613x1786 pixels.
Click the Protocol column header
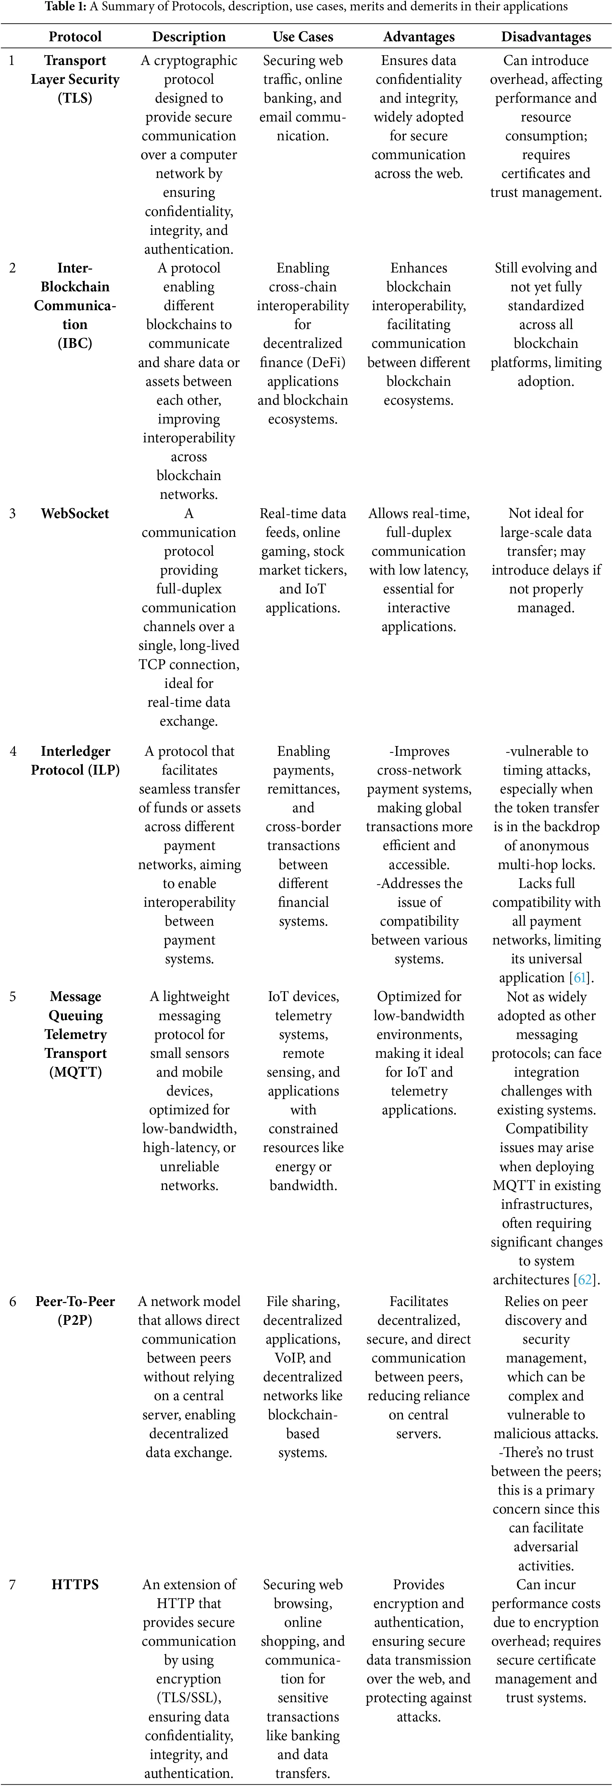[75, 37]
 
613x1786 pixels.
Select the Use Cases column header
[303, 37]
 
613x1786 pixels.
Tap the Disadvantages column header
[546, 37]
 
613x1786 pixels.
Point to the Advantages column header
[419, 37]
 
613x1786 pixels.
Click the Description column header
[189, 37]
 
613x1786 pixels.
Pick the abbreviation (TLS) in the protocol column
[75, 98]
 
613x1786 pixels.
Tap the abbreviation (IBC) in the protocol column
[75, 343]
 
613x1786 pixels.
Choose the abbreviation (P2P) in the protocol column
[75, 1320]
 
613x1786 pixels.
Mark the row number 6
[12, 1301]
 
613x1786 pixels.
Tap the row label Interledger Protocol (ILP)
[75, 761]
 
